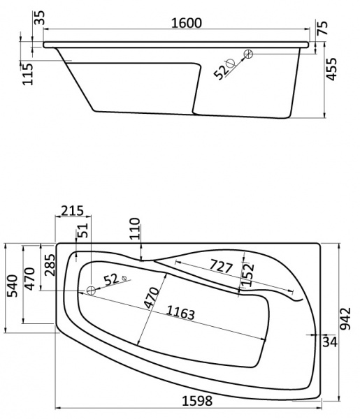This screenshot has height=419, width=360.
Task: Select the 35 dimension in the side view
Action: (40, 17)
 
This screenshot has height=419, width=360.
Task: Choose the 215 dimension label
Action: (71, 210)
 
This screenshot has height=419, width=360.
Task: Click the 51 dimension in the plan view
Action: (83, 231)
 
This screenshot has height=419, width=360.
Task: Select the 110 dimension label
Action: (135, 229)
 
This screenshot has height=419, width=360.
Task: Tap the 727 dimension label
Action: (222, 266)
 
